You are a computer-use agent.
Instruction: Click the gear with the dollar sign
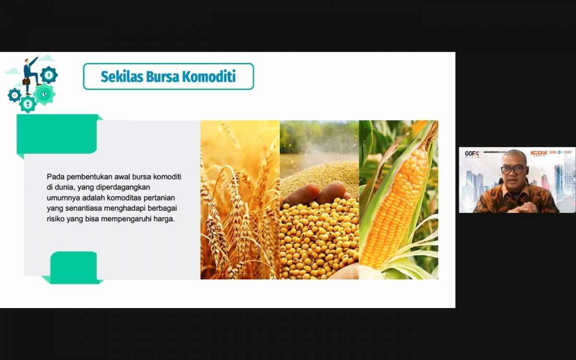pos(48,75)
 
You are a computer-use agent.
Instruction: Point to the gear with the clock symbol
pos(44,94)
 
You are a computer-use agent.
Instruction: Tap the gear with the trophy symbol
pos(28,104)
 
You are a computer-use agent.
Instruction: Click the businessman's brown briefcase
pos(26,82)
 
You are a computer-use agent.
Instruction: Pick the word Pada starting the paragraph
pos(55,177)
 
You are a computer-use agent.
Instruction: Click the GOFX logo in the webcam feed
pos(472,154)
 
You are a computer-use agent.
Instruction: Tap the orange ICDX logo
pos(539,153)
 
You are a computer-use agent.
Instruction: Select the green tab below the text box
pos(73,267)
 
